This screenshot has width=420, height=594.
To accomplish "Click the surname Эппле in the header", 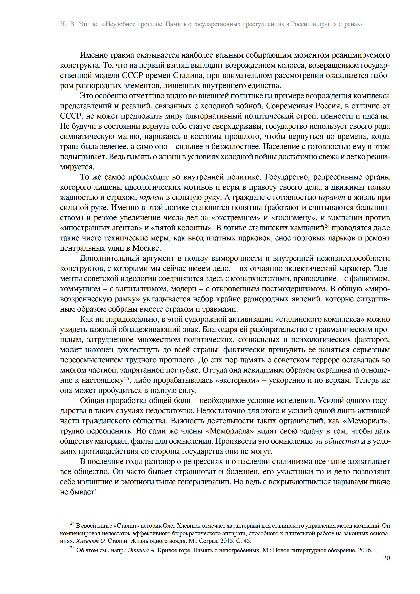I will pos(89,24).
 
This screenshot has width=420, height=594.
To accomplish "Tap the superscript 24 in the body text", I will pos(327,226).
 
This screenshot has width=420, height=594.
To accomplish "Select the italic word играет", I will pos(151,197).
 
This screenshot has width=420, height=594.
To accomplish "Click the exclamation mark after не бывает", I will pos(96,492).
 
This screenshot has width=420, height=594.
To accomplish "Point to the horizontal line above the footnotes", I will pos(109,514).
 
